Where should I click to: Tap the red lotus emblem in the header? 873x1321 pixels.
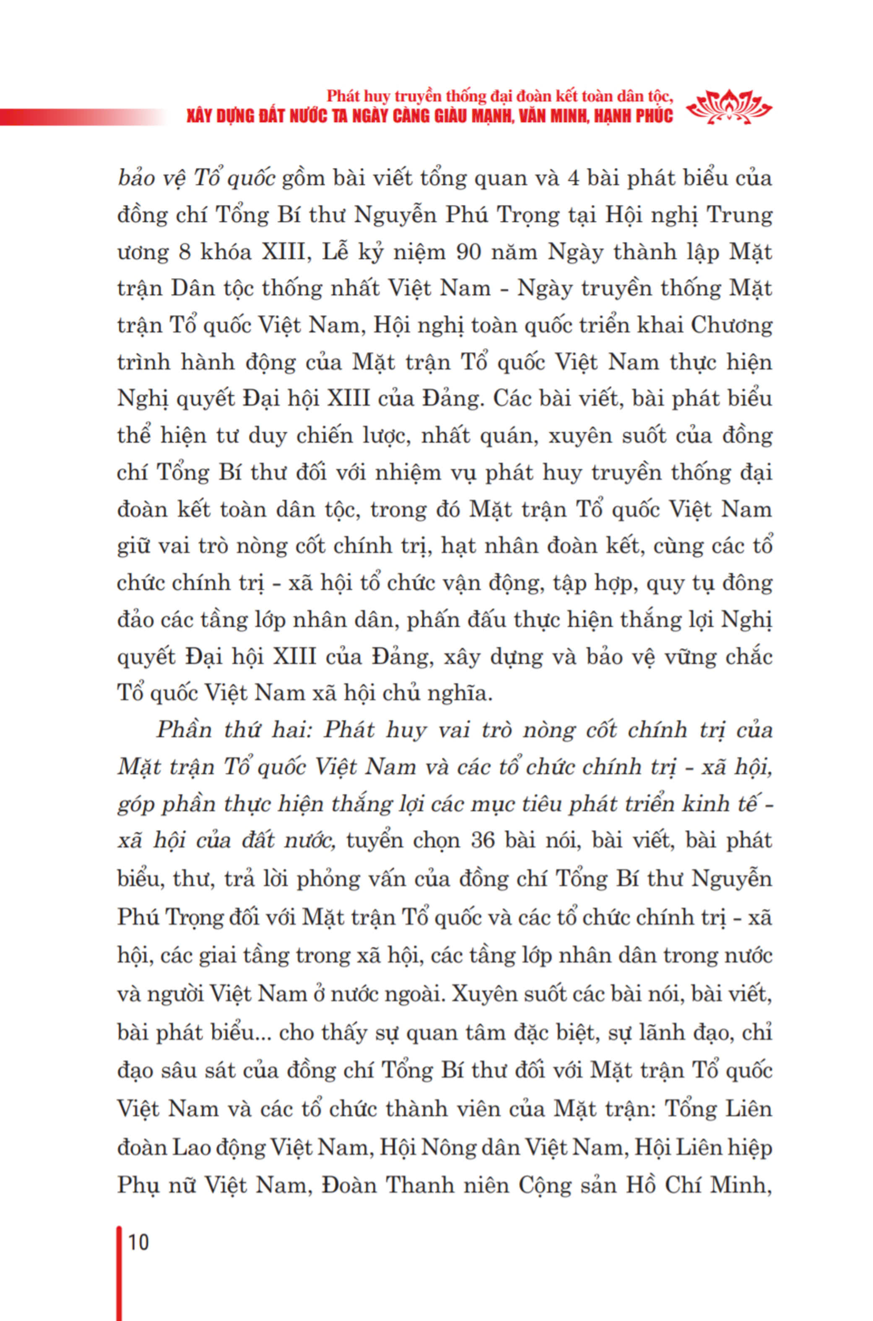729,107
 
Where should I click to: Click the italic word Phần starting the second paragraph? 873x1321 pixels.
182,729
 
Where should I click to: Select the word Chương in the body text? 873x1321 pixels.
731,325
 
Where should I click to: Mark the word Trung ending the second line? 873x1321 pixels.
739,215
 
